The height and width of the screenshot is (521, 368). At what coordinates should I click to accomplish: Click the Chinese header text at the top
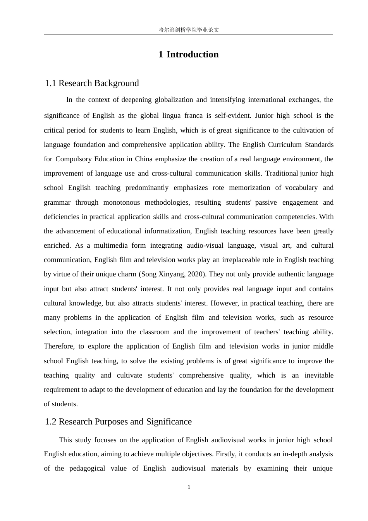pos(189,30)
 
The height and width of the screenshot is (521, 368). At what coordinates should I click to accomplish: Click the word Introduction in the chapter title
pos(193,54)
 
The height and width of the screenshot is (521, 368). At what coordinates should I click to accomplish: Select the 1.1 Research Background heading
pos(92,83)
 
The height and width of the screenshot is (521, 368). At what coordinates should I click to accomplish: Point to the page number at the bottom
pos(189,487)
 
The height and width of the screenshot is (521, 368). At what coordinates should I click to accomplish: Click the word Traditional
pos(282,173)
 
